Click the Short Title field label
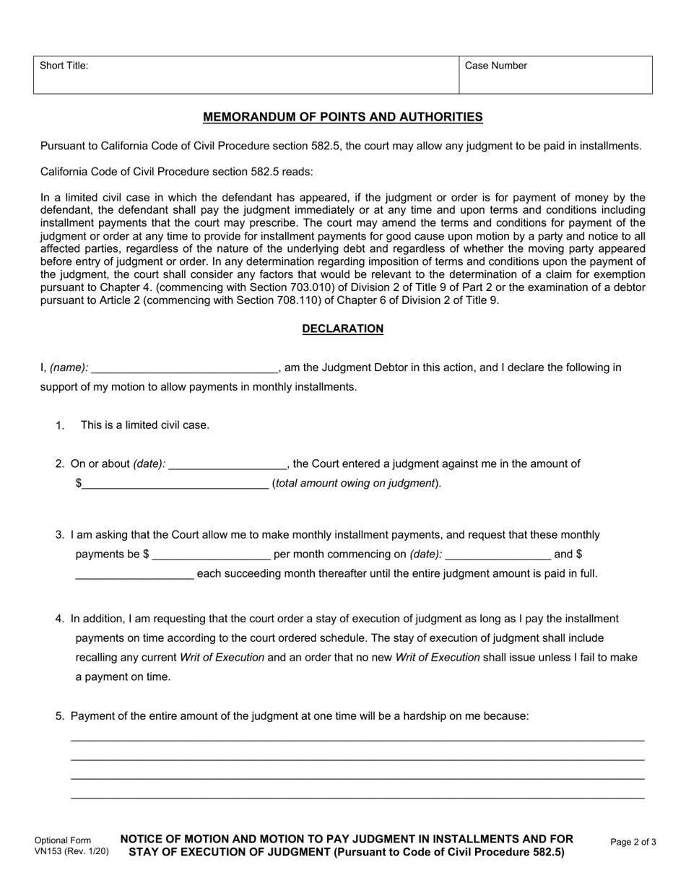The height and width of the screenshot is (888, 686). tap(64, 66)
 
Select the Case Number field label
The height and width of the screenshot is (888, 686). tap(495, 66)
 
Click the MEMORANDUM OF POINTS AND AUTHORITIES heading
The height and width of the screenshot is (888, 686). tap(342, 117)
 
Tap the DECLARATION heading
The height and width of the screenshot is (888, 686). tap(342, 328)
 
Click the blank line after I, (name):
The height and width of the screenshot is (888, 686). tap(185, 369)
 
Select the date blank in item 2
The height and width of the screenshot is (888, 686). tap(227, 465)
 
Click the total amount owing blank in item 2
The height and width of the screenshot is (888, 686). tap(175, 484)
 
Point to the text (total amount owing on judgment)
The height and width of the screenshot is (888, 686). tap(356, 483)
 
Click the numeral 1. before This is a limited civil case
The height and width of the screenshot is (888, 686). tap(61, 425)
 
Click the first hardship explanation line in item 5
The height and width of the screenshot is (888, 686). tap(357, 741)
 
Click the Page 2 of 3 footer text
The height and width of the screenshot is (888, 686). tap(633, 842)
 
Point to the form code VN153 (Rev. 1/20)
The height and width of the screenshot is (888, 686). tap(71, 851)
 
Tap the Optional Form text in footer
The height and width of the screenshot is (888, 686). tap(63, 840)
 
